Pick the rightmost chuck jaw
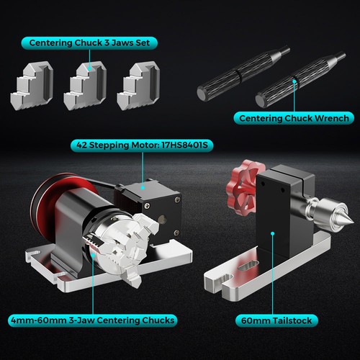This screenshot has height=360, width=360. click(138, 86)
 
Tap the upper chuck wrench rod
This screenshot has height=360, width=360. click(241, 72)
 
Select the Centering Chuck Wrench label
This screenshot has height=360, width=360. click(293, 118)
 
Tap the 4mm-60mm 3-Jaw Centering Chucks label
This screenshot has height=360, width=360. click(93, 320)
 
